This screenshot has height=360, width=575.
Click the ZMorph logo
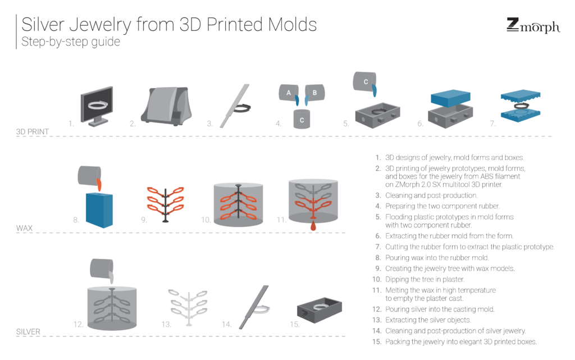point(532,26)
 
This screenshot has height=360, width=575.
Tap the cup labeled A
point(289,93)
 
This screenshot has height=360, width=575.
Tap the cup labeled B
point(313,92)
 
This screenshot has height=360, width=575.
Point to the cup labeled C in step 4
point(302,119)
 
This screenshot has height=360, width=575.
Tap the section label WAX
point(25,229)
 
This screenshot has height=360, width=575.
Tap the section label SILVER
point(28,332)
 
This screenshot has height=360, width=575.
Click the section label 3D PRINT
point(33,132)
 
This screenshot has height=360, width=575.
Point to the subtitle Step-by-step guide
point(71,42)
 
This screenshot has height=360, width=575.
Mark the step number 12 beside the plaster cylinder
point(78,324)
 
